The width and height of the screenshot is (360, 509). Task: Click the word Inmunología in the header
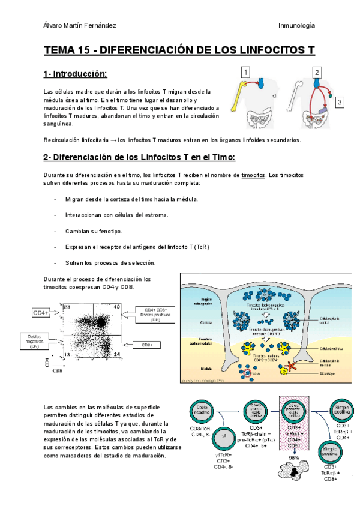pyautogui.click(x=297, y=25)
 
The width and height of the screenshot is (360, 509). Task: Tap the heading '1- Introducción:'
pyautogui.click(x=75, y=74)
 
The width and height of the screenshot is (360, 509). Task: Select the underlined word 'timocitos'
pyautogui.click(x=253, y=175)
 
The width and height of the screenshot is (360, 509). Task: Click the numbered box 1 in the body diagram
pyautogui.click(x=245, y=72)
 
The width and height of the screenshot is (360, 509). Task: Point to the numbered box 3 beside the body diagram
pyautogui.click(x=340, y=103)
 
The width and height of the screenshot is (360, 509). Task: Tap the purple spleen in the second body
pyautogui.click(x=323, y=110)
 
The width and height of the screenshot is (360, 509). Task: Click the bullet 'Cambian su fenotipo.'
pyautogui.click(x=94, y=231)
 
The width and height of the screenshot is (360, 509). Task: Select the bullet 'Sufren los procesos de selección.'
pyautogui.click(x=111, y=263)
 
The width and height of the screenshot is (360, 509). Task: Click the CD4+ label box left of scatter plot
pyautogui.click(x=40, y=313)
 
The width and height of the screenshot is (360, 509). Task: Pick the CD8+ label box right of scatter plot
pyautogui.click(x=155, y=345)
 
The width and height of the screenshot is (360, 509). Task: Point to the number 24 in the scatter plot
pyautogui.click(x=118, y=355)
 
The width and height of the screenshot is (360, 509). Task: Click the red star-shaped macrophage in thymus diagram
pyautogui.click(x=291, y=367)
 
